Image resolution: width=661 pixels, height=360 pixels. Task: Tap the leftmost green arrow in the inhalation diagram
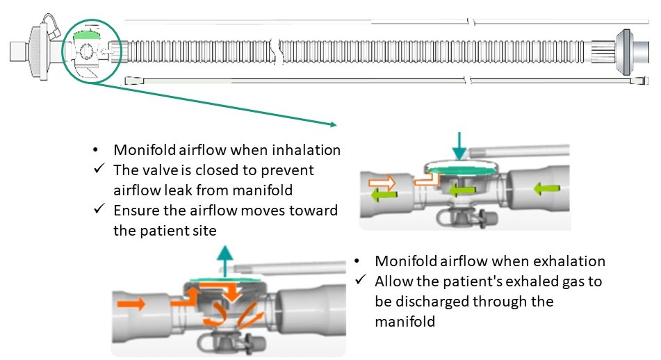(x=381, y=195)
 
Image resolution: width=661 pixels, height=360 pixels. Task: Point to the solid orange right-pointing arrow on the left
(x=133, y=304)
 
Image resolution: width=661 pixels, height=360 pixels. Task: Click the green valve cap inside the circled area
(x=86, y=33)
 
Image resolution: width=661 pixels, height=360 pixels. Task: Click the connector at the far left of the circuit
(x=28, y=50)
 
